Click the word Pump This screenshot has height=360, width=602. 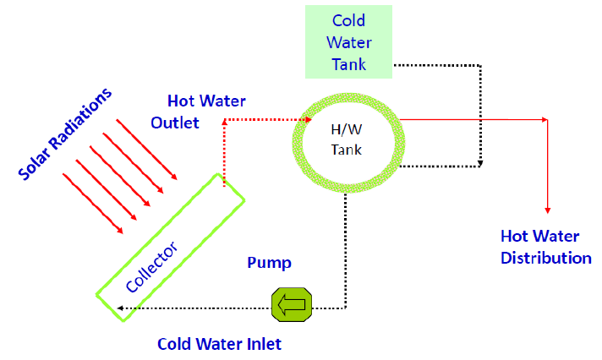(270, 263)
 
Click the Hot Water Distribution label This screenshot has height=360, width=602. (546, 246)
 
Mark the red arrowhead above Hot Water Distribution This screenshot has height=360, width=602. (548, 208)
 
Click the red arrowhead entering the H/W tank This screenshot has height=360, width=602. (300, 120)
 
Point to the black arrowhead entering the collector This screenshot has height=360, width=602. (119, 308)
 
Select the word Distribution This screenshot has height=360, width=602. (546, 257)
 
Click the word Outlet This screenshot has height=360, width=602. (175, 123)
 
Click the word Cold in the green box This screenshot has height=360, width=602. (348, 20)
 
